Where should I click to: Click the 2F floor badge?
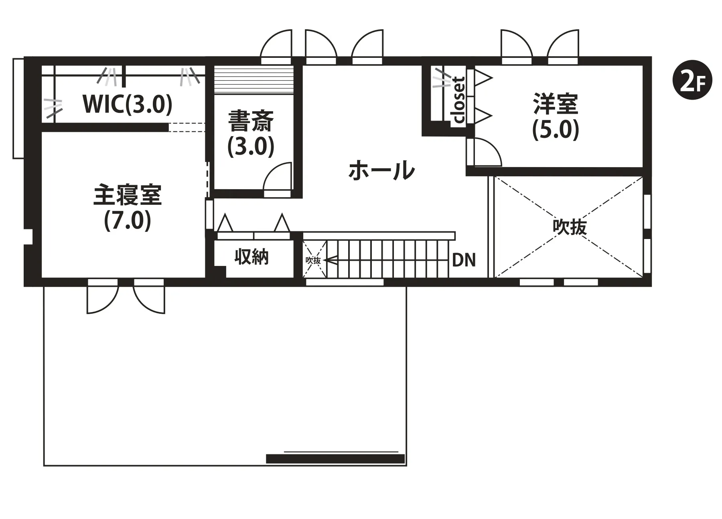pos(692,81)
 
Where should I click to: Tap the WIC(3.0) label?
pos(127,104)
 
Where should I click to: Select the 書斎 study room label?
pos(251,121)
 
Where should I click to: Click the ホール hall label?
pos(381,170)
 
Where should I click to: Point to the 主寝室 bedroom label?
pos(128,195)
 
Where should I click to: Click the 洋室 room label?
pos(556,104)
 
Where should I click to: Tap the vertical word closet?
pos(458,100)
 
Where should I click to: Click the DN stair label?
pos(464,260)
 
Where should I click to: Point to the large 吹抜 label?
pos(570,227)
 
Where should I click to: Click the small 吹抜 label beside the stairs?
pos(314,260)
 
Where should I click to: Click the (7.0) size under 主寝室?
pos(128,220)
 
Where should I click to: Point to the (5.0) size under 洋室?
pos(556,129)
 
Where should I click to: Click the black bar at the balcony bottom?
pos(335,458)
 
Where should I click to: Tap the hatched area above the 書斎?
pos(254,80)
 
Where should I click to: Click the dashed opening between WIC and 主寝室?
pos(187,127)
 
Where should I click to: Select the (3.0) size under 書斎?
pos(251,146)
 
